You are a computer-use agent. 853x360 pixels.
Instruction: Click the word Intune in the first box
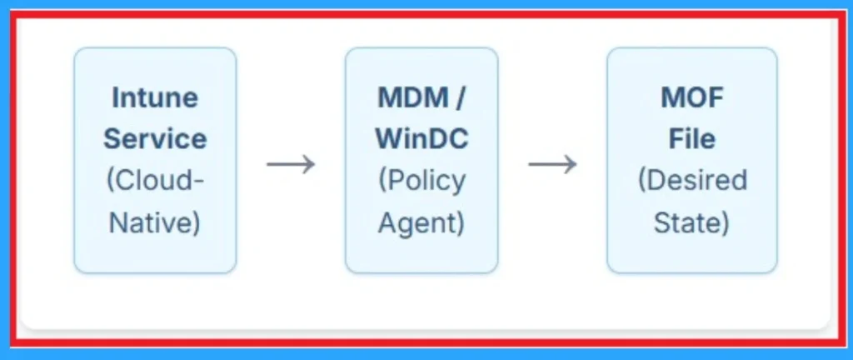[155, 97]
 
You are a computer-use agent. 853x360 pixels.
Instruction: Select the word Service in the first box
[155, 138]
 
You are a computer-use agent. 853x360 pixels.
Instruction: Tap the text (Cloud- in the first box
[155, 181]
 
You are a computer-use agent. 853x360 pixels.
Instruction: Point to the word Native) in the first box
[155, 222]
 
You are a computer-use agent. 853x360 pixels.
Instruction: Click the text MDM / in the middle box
[422, 97]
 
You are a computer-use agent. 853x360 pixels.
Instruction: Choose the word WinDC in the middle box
[422, 138]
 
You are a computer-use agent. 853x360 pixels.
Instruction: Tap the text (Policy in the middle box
[422, 181]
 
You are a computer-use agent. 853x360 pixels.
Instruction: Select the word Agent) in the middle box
[422, 222]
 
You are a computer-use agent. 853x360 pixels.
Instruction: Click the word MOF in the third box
[692, 97]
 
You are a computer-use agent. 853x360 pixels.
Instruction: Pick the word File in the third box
[692, 138]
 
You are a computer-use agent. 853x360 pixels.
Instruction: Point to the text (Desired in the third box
[692, 181]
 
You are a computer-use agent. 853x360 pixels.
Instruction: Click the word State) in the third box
[692, 222]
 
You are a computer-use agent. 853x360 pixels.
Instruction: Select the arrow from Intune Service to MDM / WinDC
[291, 163]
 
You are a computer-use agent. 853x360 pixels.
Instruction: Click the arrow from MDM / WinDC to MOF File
[552, 163]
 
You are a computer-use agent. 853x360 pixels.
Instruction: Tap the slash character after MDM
[460, 97]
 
